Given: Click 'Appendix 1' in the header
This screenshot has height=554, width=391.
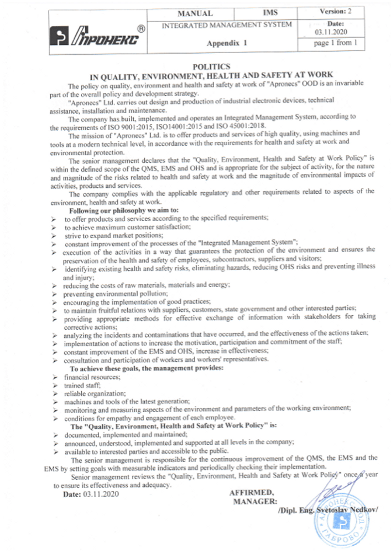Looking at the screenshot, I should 227,42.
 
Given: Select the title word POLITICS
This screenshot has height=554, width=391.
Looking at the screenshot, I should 208,66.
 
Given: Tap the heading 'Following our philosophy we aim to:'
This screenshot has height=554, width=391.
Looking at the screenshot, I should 124,211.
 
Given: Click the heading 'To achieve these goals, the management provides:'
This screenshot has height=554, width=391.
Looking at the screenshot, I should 147,368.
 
